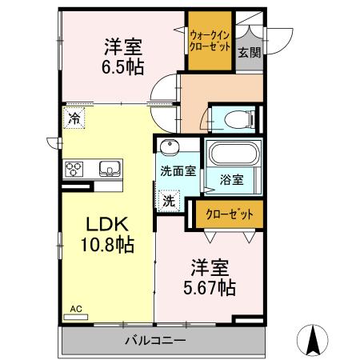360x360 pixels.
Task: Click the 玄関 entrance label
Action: (248, 53)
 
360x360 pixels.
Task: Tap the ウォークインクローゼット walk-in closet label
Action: (210, 41)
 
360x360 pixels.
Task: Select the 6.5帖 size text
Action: (122, 67)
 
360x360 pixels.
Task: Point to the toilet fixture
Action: (235, 119)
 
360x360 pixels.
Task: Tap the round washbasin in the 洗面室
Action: (169, 148)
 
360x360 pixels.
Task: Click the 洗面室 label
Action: (176, 170)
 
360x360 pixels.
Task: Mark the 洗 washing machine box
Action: (169, 200)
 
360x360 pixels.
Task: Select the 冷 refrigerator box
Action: (74, 118)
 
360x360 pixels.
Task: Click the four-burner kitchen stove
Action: (75, 169)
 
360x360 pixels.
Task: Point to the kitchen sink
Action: (110, 169)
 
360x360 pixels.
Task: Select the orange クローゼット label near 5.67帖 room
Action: (229, 214)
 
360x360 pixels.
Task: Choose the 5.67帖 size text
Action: (210, 286)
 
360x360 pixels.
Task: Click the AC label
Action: (75, 308)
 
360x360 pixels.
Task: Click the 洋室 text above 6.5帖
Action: (122, 45)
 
